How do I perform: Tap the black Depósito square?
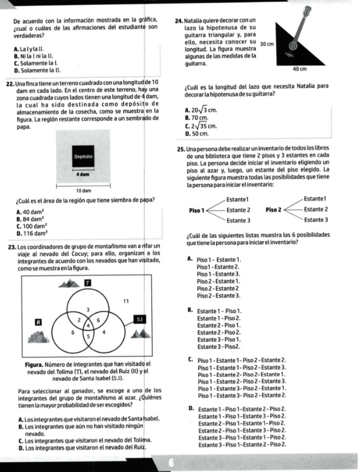tap(83, 156)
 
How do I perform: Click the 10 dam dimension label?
tap(84, 189)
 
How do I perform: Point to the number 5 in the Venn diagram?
tap(88, 335)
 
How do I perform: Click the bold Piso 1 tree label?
tap(195, 210)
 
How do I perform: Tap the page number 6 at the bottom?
tap(171, 463)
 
